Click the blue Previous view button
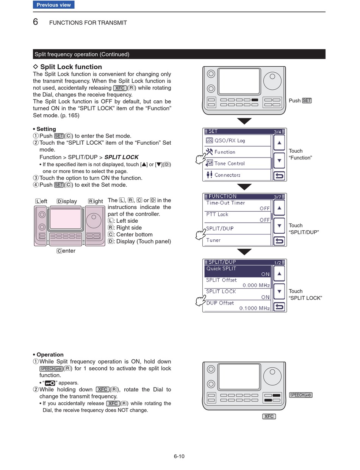click(x=53, y=5)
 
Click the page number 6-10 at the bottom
click(x=179, y=456)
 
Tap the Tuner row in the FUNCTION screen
click(x=237, y=240)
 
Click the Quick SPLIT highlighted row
click(x=237, y=271)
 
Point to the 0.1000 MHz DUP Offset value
click(x=254, y=308)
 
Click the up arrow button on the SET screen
click(x=279, y=142)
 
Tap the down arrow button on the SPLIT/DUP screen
click(x=279, y=291)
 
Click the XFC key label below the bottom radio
click(x=269, y=416)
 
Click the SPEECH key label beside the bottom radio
click(x=301, y=395)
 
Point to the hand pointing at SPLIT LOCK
click(x=200, y=300)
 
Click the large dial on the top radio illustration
click(x=272, y=81)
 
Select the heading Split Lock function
click(x=71, y=67)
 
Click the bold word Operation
click(x=50, y=354)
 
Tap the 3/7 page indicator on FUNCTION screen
click(x=277, y=197)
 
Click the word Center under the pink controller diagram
click(x=66, y=251)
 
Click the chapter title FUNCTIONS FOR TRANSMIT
click(x=88, y=23)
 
